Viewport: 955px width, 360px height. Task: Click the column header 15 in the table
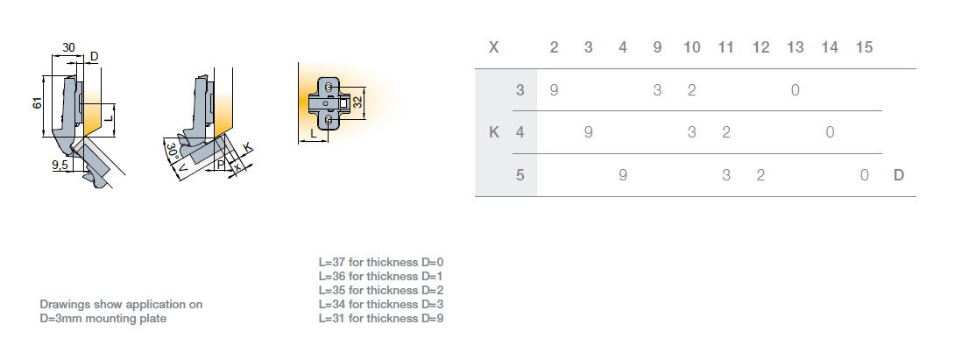(x=864, y=47)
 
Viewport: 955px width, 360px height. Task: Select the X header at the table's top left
(x=494, y=47)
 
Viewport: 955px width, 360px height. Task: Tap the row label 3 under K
(x=520, y=90)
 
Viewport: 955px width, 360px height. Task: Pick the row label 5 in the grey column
(x=520, y=175)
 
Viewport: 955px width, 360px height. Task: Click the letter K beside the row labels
(x=494, y=133)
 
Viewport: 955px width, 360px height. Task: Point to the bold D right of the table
(x=898, y=175)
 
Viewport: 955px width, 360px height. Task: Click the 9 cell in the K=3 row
(x=554, y=90)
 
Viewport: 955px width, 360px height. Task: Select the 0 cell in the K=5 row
(x=864, y=175)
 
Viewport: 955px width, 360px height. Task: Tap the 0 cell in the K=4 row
(x=830, y=133)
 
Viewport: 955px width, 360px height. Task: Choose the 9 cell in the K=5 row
(x=623, y=175)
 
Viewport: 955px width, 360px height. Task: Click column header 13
(x=795, y=47)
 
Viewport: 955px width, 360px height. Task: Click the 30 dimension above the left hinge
(x=68, y=48)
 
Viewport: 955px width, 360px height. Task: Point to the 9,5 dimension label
(x=60, y=164)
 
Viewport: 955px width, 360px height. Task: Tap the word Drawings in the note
(x=63, y=305)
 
